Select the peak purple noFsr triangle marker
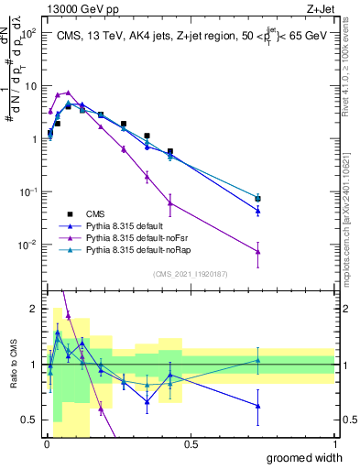pos(68,93)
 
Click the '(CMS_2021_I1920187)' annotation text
pos(191,273)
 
